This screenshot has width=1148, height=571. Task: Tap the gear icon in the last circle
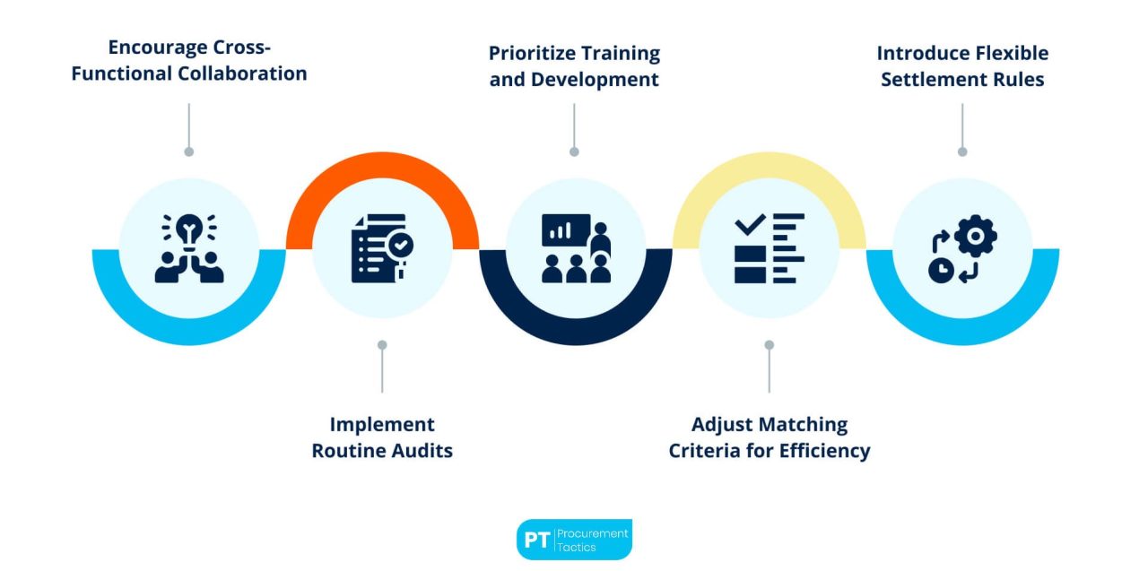pos(975,237)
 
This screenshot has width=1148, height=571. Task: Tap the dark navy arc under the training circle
pos(575,327)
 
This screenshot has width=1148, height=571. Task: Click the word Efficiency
pos(823,450)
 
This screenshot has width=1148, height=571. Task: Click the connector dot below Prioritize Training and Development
pos(574,151)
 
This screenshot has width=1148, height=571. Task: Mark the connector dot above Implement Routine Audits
pos(382,344)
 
